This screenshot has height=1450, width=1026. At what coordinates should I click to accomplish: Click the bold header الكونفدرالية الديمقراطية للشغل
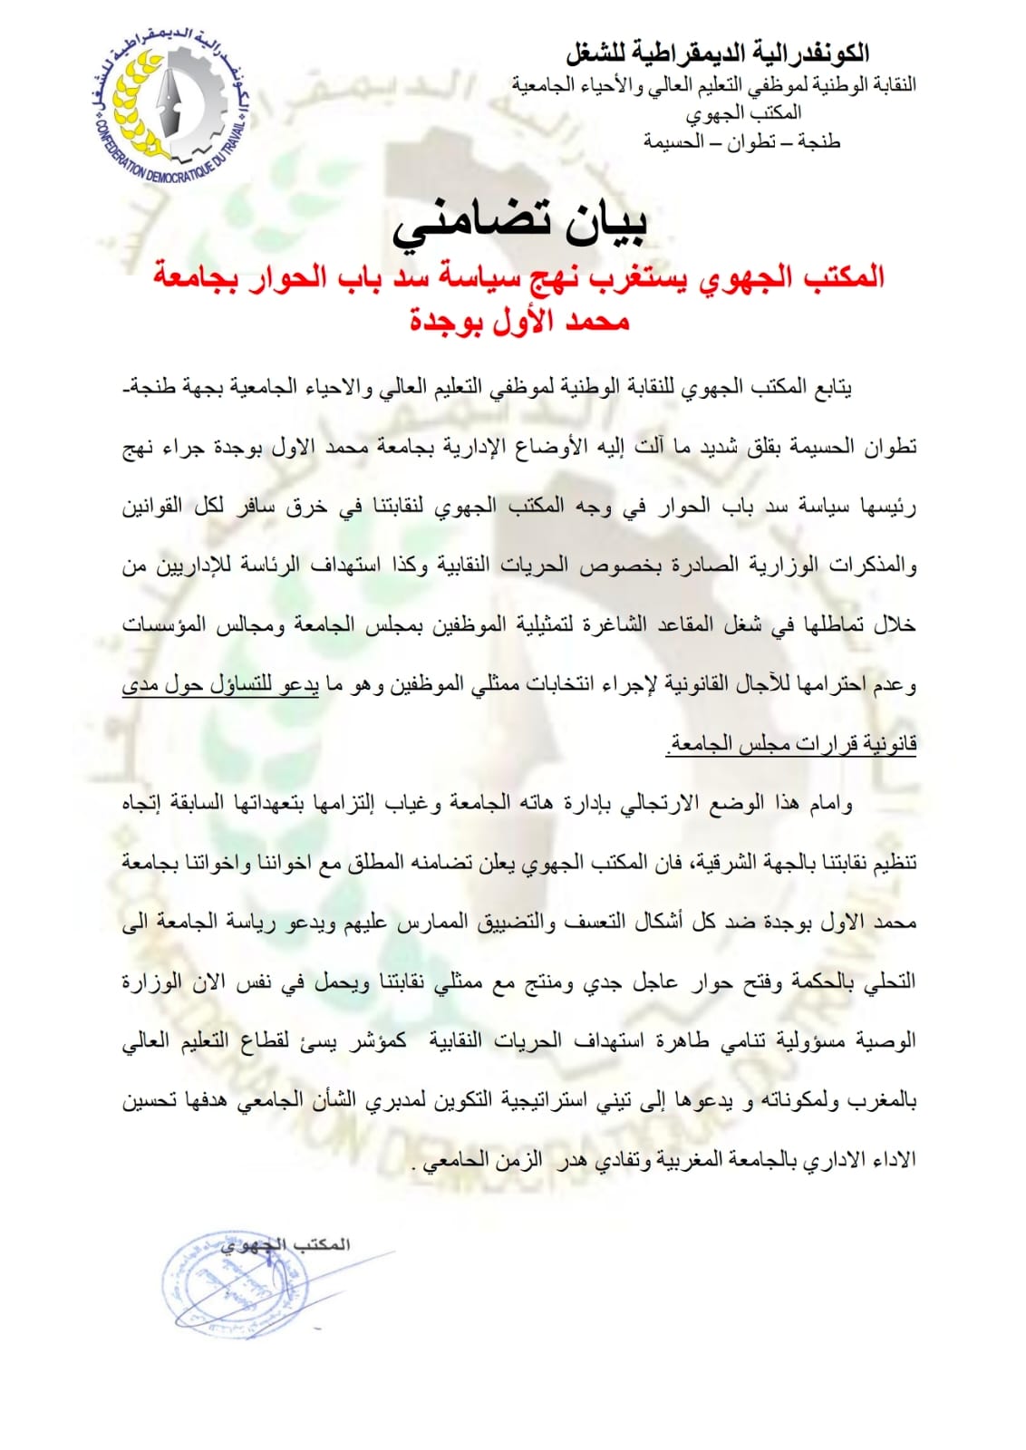point(717,53)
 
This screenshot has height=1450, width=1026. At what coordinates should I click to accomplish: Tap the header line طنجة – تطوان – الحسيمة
point(742,141)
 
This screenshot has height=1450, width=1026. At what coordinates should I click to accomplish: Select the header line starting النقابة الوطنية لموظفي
point(713,84)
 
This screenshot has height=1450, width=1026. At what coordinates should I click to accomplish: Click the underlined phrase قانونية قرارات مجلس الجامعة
point(791,745)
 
